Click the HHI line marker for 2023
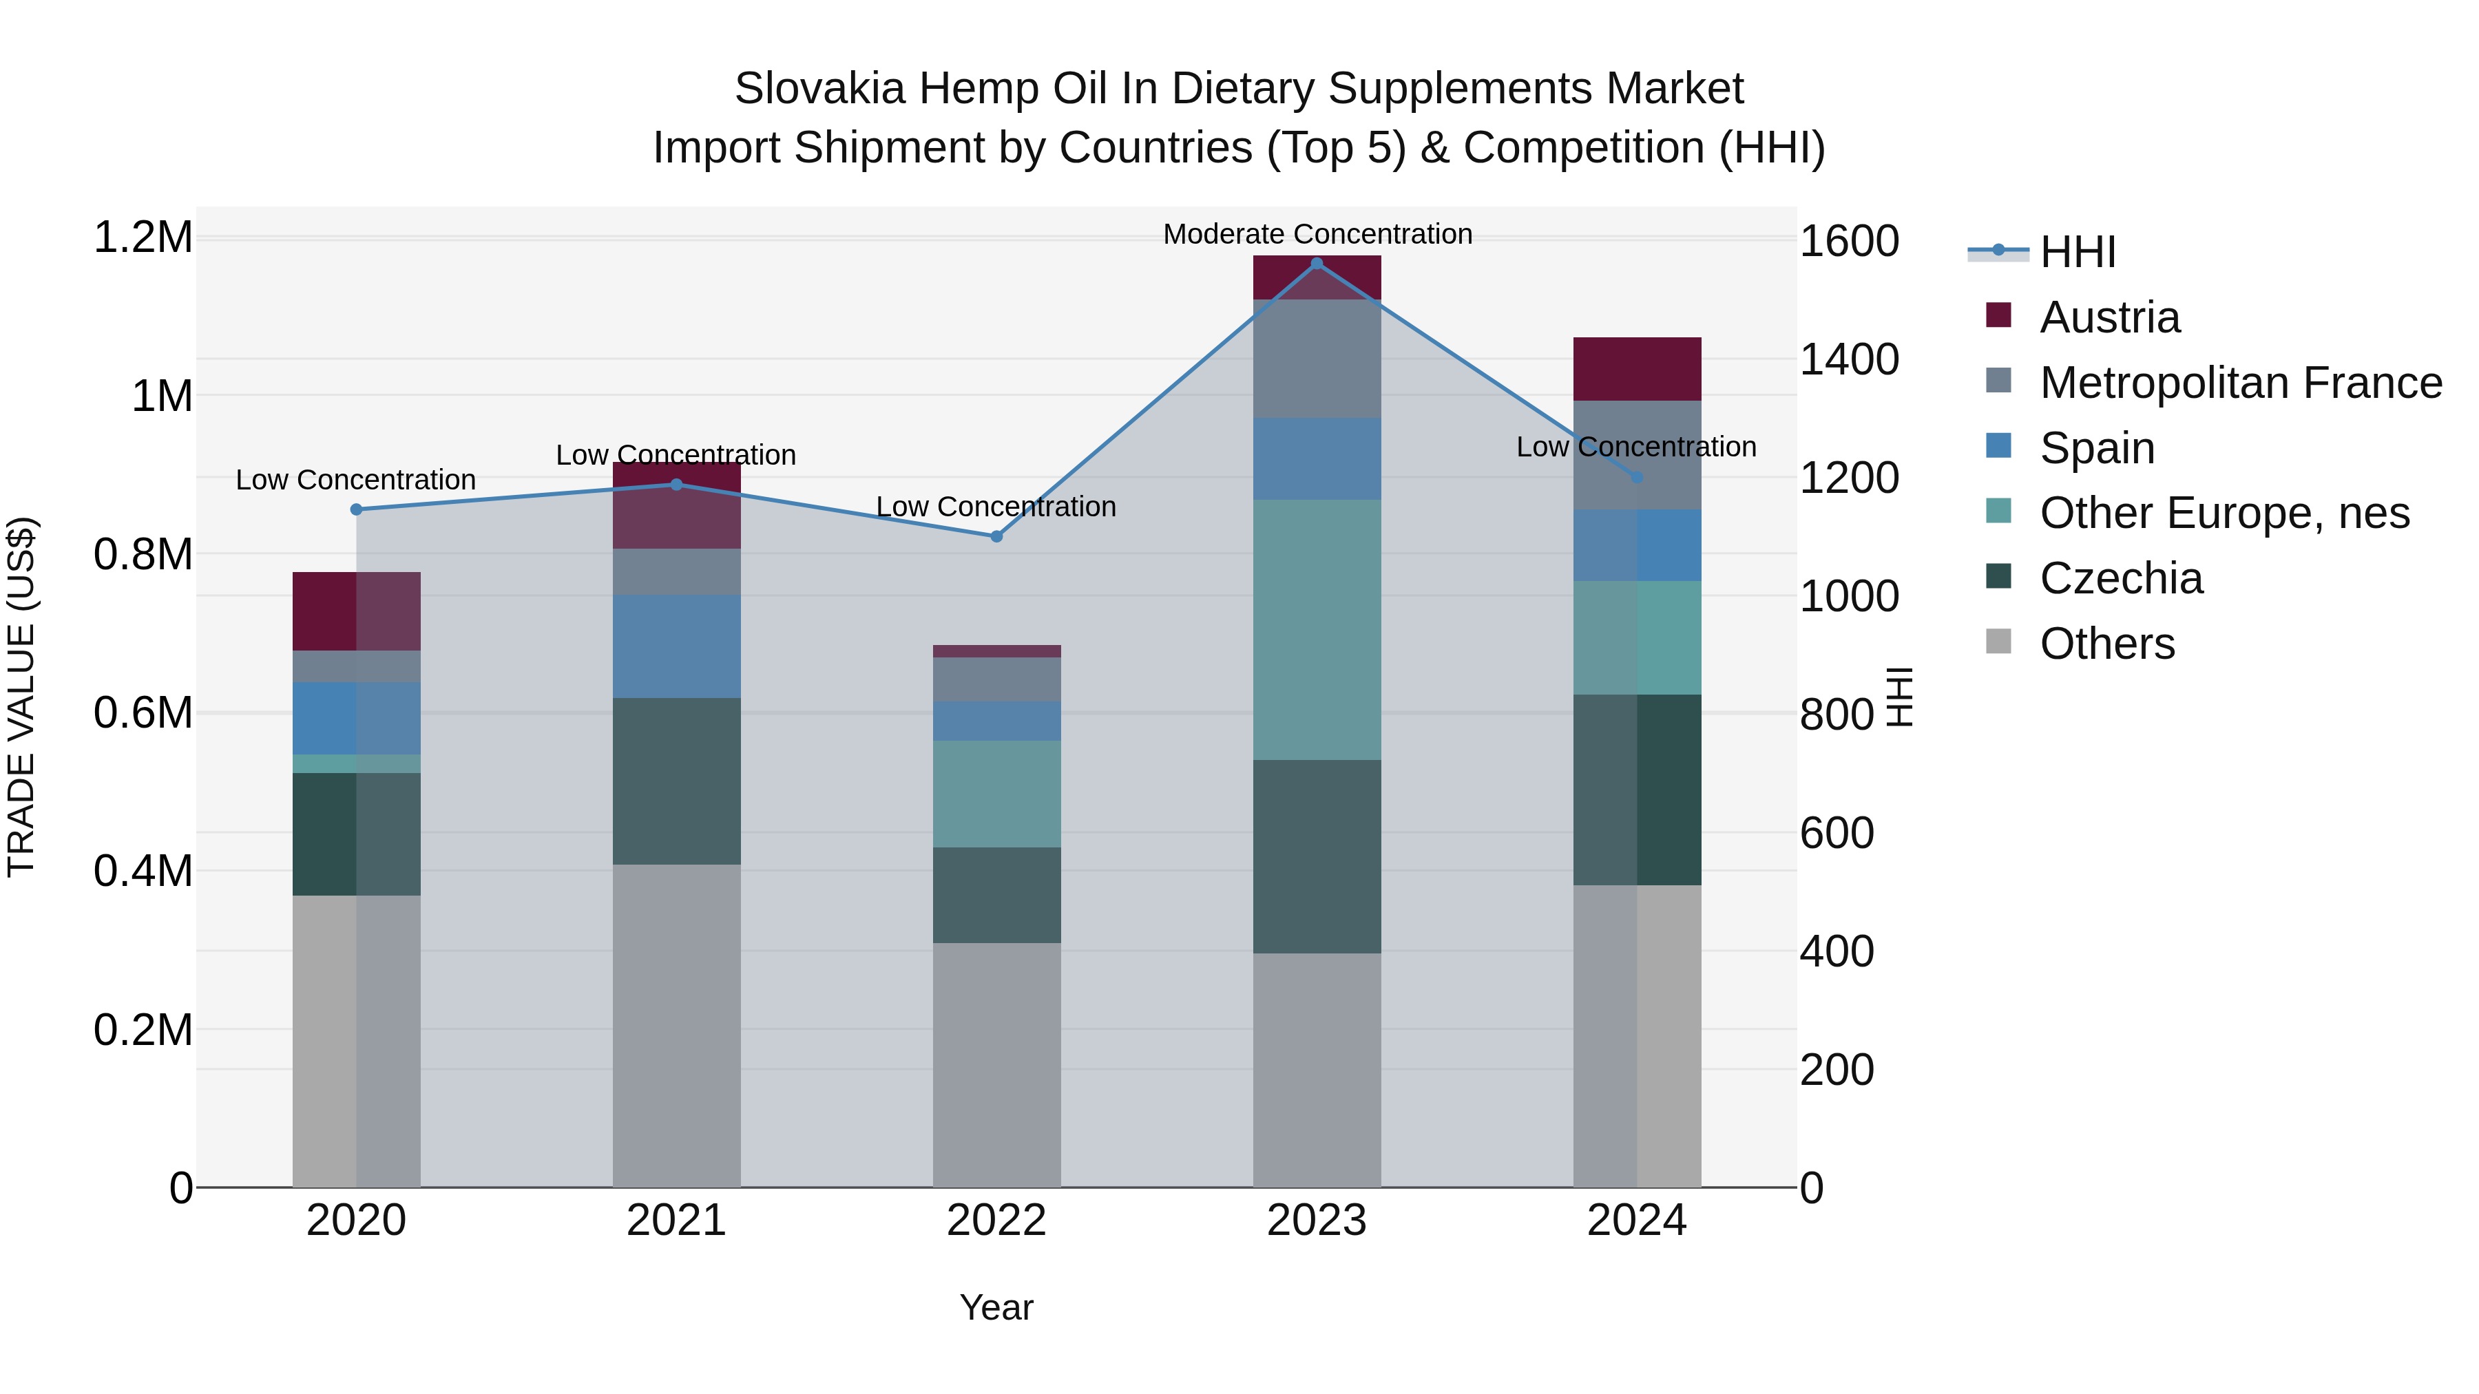[x=1317, y=264]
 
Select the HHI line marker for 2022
[x=996, y=536]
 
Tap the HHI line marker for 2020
[x=356, y=509]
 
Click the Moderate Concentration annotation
[x=1317, y=234]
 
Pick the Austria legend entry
[x=2109, y=317]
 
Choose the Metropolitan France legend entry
[x=2239, y=383]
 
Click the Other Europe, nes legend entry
[x=2223, y=513]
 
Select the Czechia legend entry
[x=2120, y=578]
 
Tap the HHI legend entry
[x=2077, y=252]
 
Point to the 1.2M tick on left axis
[x=143, y=237]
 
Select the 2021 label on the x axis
[x=676, y=1221]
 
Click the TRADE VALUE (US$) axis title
[x=21, y=697]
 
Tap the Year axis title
[x=996, y=1307]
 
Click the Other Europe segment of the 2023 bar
[x=1317, y=629]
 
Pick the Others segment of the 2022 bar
[x=996, y=1064]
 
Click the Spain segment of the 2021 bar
[x=676, y=646]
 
